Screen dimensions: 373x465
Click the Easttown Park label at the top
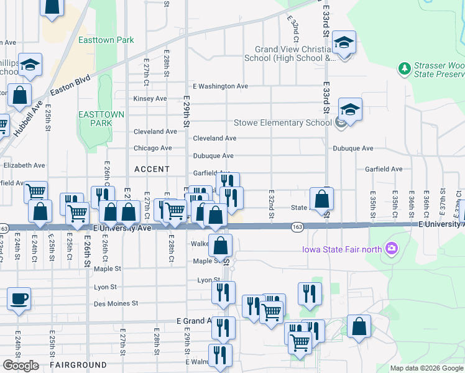click(x=106, y=40)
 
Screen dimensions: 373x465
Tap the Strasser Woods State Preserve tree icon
click(x=404, y=67)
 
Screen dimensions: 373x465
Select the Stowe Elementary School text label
click(x=282, y=122)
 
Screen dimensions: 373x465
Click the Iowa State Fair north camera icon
click(x=391, y=250)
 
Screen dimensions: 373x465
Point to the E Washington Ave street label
click(x=221, y=86)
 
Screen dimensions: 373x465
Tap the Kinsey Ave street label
click(x=150, y=99)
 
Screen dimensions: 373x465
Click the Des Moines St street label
click(x=115, y=304)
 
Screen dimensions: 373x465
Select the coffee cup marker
click(x=19, y=298)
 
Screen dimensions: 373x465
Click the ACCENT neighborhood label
click(x=152, y=169)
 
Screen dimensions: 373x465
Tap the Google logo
click(x=21, y=366)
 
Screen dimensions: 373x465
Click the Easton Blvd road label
click(x=70, y=86)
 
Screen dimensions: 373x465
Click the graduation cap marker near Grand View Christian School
click(x=343, y=44)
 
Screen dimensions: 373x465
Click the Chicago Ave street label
click(x=153, y=149)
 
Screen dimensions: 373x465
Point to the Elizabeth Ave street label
click(x=24, y=166)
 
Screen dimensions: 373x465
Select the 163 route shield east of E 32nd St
click(x=297, y=228)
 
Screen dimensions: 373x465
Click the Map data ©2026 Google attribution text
click(x=426, y=368)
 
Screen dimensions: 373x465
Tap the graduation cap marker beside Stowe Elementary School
click(x=350, y=111)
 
